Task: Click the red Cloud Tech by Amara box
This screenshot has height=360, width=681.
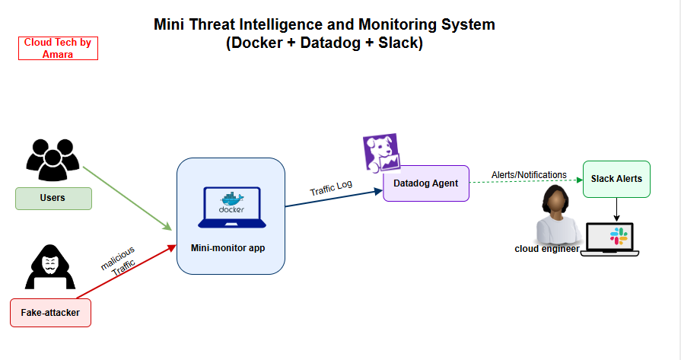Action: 58,48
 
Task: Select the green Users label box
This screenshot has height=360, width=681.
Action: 53,198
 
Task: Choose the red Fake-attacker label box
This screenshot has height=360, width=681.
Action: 50,313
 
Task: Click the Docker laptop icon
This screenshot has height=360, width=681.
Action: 229,208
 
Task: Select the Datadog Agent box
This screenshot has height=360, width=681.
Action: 426,183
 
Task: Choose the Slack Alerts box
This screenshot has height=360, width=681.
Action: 616,179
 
